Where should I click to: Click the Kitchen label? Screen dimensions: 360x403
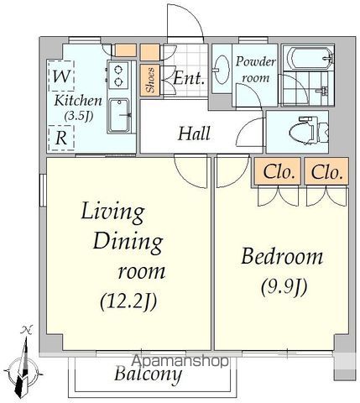coord(78,101)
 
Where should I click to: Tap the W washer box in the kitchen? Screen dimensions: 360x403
coord(61,76)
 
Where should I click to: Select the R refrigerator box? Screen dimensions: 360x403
coord(61,138)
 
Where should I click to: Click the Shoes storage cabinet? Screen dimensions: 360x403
coord(150,80)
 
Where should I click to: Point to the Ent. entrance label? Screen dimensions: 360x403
coord(189,78)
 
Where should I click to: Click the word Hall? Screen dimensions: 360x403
coord(195,133)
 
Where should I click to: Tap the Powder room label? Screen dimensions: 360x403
coord(255,70)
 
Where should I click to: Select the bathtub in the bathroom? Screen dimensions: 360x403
coord(309,58)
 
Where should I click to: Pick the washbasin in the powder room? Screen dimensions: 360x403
coord(222,70)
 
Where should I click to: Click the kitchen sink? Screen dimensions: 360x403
coord(120,115)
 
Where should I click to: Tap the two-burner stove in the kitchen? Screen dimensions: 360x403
coord(118,75)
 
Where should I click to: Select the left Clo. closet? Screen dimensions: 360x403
coord(278,171)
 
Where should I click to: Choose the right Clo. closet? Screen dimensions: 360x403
coord(326,171)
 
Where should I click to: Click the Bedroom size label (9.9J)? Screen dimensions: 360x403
coord(284,288)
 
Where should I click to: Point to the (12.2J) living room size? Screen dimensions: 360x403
coord(128,301)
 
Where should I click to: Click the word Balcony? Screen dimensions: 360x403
coord(148,374)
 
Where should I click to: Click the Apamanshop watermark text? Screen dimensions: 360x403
coord(180,361)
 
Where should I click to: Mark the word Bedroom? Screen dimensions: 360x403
coord(282,257)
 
